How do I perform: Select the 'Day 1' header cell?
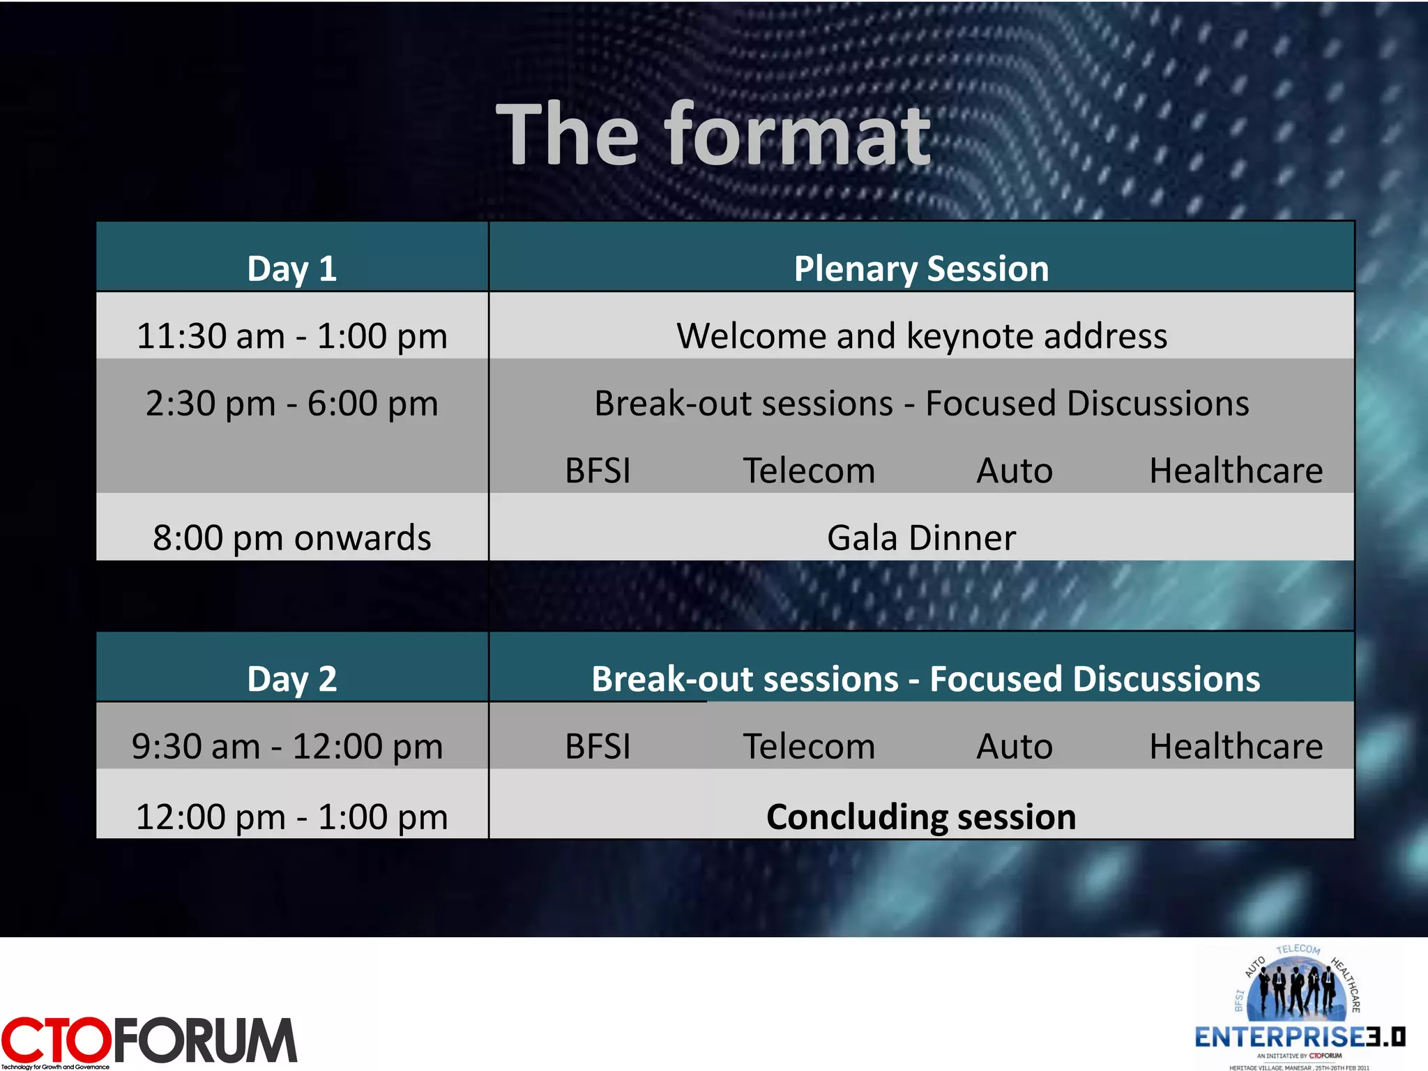291,268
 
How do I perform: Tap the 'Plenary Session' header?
921,268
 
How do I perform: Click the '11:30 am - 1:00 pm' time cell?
291,336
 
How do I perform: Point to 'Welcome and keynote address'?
921,336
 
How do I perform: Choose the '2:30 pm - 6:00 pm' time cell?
291,404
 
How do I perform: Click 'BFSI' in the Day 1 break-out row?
598,471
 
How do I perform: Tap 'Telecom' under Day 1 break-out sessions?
809,471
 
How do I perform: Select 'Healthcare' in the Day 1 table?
1236,471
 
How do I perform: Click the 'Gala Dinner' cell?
921,538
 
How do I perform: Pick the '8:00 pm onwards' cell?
291,538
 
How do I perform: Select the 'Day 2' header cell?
291,678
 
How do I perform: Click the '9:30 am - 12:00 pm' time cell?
287,746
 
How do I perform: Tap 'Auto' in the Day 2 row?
1015,746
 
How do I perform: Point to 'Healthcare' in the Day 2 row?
1236,746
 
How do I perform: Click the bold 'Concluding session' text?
921,816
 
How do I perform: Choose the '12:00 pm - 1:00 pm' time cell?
291,816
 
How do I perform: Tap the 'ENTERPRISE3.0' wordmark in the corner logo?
1300,1037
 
